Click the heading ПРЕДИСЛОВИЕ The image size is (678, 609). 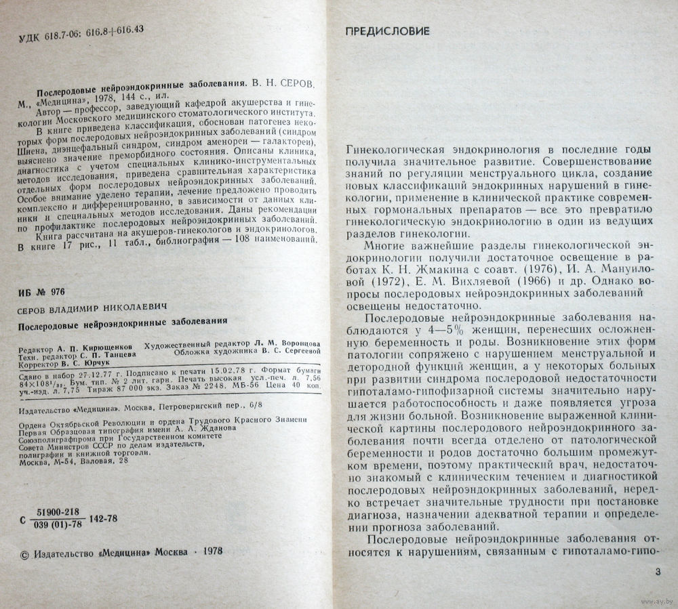click(x=387, y=32)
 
